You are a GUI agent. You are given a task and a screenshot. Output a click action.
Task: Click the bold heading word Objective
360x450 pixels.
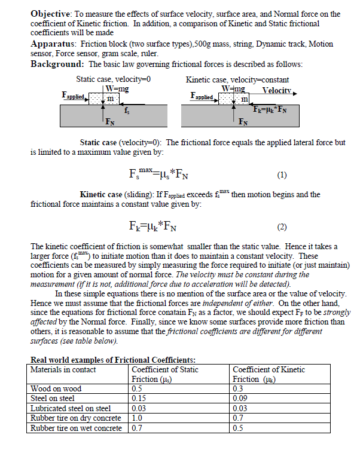coord(50,14)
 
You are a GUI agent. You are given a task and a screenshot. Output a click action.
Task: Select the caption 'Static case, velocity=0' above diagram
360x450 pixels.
coord(113,79)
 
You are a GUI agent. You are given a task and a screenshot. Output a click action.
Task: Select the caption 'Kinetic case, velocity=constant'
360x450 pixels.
coord(237,79)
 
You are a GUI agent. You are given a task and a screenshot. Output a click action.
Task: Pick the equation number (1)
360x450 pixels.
coord(282,176)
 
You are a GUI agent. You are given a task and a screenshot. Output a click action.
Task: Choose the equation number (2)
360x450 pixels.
coord(282,228)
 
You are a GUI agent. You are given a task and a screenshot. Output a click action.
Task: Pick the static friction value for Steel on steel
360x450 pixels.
coord(138,398)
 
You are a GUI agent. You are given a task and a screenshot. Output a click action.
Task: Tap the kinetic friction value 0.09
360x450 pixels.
coord(240,398)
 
